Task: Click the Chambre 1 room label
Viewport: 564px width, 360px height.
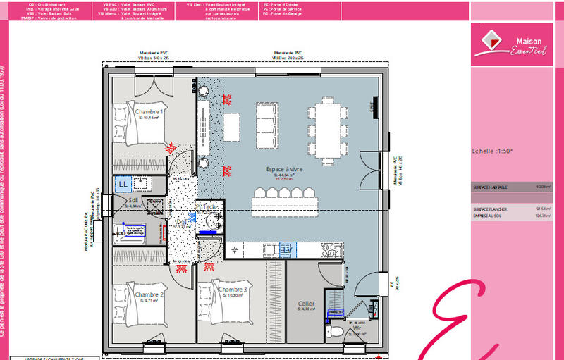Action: [x=149, y=112]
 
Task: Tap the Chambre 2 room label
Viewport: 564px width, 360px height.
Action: [x=149, y=294]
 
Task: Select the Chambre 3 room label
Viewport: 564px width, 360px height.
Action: [x=232, y=290]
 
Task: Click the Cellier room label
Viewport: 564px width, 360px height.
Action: [x=306, y=304]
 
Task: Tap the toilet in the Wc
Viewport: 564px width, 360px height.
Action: [x=336, y=330]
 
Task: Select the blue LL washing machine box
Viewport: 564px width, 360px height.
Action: [x=123, y=183]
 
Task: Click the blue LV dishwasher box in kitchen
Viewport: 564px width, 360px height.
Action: [x=287, y=249]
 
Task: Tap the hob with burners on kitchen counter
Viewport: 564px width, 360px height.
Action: [x=330, y=249]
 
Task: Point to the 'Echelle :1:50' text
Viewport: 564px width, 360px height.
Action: [x=492, y=151]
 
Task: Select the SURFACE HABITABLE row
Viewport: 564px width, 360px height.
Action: [x=511, y=187]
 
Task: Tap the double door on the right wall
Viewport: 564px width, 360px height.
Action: [x=373, y=169]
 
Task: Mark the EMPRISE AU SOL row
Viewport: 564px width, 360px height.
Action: [x=511, y=216]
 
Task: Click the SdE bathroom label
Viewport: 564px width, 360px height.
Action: [x=133, y=201]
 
